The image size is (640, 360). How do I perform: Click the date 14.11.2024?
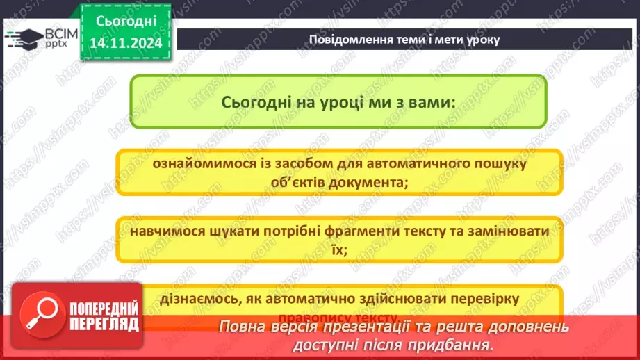[125, 43]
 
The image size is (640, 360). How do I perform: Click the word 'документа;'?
[368, 183]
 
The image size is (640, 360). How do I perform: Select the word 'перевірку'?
[483, 298]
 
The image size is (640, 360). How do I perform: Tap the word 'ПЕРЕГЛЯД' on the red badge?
[103, 325]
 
